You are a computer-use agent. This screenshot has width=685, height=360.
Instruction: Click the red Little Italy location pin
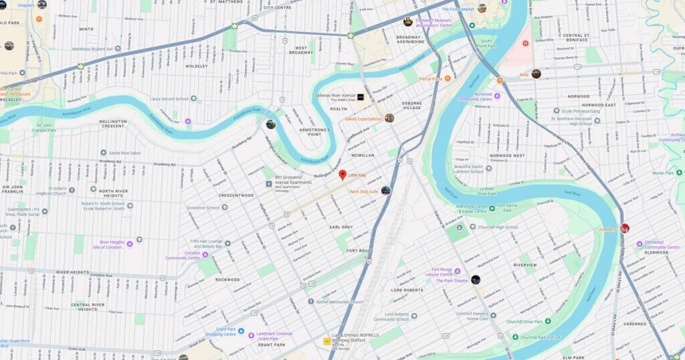[342, 175]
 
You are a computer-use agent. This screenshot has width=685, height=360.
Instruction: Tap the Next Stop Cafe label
[365, 191]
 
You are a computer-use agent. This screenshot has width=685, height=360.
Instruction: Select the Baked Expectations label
[363, 118]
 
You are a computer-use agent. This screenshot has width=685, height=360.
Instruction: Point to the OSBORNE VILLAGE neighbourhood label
[411, 105]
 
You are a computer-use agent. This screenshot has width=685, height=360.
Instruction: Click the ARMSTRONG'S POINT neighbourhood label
[314, 131]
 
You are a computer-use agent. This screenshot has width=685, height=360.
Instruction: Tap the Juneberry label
[607, 229]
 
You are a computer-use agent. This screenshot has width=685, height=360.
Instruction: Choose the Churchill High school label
[498, 227]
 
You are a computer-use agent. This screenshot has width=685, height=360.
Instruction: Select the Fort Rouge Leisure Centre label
[442, 272]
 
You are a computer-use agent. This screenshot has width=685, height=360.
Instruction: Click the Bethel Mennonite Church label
[339, 302]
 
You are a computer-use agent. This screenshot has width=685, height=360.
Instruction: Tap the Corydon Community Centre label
[183, 255]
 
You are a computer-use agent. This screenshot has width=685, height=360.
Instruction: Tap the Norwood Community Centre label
[474, 96]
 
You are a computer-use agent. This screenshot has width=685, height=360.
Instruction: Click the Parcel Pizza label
[431, 79]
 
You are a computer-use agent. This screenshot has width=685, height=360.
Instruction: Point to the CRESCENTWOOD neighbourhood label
[235, 195]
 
